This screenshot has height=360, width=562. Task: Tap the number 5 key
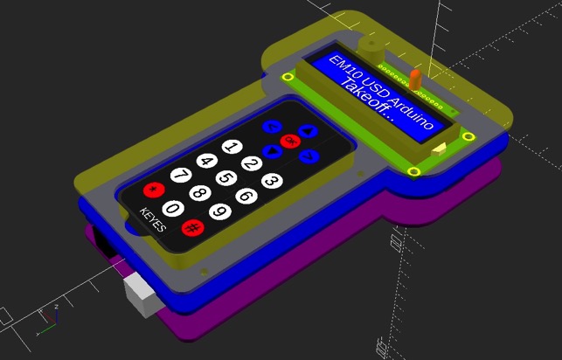pos(226,178)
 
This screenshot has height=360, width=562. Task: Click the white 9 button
pos(219,211)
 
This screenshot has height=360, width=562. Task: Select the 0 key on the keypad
pos(173,208)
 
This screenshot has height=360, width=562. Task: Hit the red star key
pos(155,189)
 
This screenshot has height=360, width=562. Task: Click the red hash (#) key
pos(191,228)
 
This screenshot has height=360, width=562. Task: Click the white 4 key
pos(206,161)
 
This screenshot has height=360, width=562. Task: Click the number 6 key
pos(246,195)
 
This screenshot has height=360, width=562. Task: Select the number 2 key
pos(251,163)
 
